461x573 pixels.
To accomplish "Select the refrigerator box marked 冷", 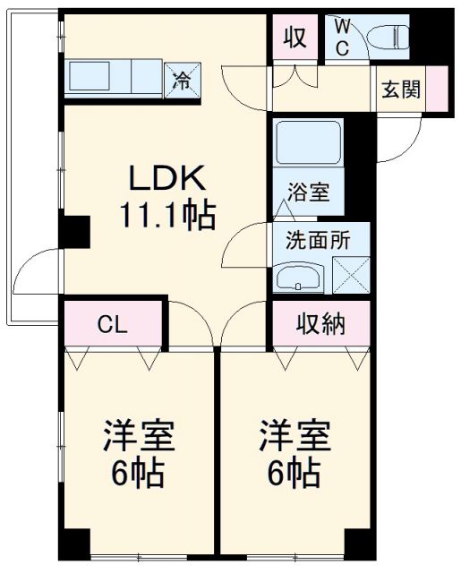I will click(183, 80).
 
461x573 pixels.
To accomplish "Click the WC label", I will click(343, 33).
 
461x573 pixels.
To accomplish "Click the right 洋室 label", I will click(295, 440).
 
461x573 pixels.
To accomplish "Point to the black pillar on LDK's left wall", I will click(74, 232).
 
